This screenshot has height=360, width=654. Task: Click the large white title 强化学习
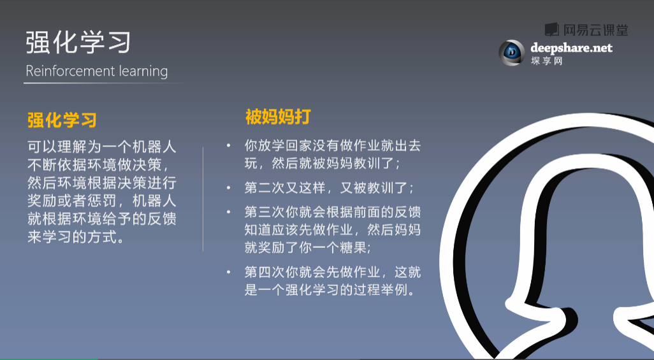78,42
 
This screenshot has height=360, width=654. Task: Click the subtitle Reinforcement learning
96,71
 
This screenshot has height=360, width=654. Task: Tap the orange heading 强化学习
62,120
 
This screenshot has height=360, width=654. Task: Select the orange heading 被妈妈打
278,117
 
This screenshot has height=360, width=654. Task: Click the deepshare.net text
571,48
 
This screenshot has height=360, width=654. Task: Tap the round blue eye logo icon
511,52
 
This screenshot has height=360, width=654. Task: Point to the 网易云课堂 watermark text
595,30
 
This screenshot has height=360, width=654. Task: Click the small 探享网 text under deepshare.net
546,61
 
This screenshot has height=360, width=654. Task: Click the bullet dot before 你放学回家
228,145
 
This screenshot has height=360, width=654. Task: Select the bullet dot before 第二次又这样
228,188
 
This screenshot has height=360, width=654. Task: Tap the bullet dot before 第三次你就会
228,212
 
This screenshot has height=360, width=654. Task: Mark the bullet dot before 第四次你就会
228,273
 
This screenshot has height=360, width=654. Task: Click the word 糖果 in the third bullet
354,248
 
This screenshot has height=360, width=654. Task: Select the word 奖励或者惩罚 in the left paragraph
72,201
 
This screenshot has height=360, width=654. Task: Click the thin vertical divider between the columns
203,199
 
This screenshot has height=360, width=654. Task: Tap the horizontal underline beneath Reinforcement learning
105,83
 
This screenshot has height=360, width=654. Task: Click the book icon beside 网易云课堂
551,29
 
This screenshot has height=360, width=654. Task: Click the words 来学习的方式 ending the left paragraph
72,236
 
